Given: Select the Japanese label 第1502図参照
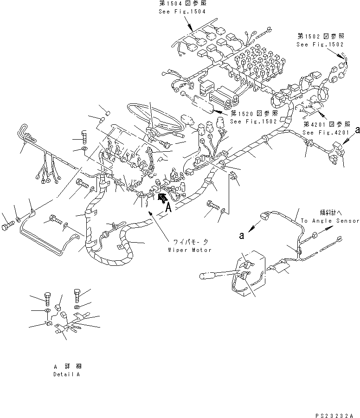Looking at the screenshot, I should click(x=321, y=36).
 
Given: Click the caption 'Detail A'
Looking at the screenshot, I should click(x=66, y=374).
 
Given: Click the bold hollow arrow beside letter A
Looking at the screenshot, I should click(x=162, y=199).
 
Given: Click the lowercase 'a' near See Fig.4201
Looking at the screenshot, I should click(x=358, y=132).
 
